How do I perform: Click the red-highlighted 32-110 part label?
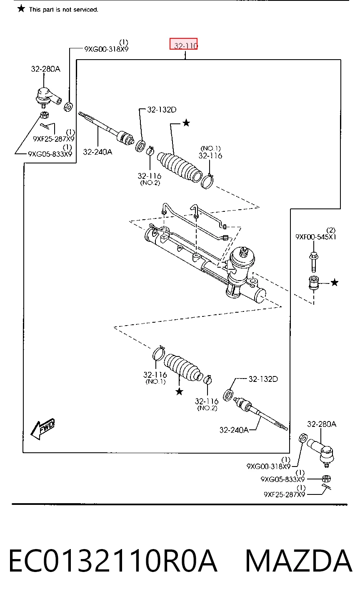[x=183, y=44]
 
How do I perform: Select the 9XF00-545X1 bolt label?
[x=315, y=237]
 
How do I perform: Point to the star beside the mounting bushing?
[x=335, y=283]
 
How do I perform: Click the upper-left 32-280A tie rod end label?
[x=45, y=69]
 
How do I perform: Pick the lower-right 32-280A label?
[x=322, y=424]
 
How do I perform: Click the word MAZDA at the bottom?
[x=298, y=561]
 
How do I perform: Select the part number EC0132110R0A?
[x=113, y=561]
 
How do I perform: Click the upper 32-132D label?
[x=162, y=110]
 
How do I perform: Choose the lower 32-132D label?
[x=263, y=379]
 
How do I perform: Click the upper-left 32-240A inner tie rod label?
[x=97, y=152]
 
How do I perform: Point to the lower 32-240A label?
[x=234, y=430]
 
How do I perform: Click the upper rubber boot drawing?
[x=179, y=167]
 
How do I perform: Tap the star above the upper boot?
[x=186, y=123]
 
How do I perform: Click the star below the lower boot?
[x=179, y=391]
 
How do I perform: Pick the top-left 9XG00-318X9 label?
[x=106, y=49]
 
